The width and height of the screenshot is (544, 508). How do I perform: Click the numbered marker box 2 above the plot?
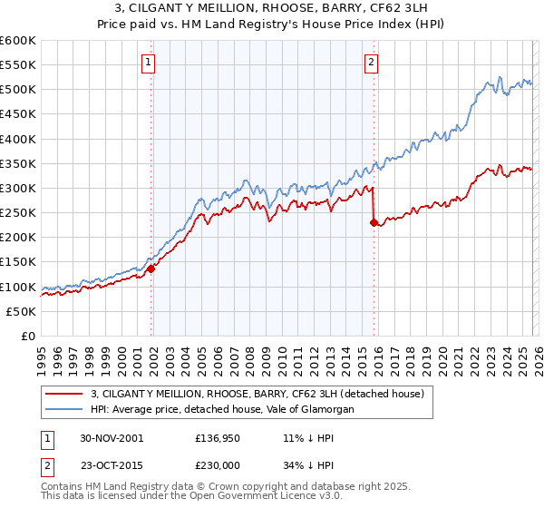(372, 63)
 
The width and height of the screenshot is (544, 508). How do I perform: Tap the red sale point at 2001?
(152, 269)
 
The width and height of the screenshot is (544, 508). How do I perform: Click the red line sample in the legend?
(63, 394)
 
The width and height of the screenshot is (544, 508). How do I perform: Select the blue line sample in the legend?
(63, 410)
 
